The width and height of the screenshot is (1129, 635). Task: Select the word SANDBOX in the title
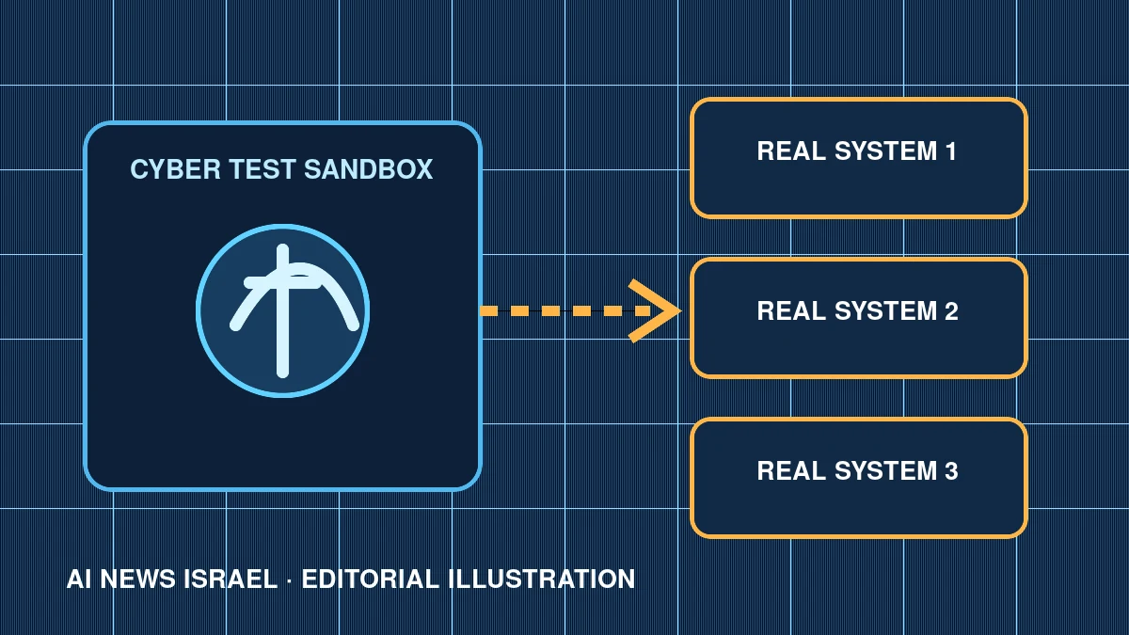point(369,168)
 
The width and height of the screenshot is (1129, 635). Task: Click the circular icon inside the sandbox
point(283,311)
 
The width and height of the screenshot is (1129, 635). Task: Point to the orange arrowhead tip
point(680,311)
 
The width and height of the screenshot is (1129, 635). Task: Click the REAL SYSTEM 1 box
point(858,158)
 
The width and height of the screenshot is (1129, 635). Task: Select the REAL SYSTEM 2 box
point(858,319)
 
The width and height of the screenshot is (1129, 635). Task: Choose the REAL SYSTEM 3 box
point(858,478)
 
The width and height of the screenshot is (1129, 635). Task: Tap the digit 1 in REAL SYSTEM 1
point(950,151)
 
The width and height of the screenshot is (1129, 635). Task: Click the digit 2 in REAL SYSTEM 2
point(951,311)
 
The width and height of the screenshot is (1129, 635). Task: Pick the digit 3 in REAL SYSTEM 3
point(951,470)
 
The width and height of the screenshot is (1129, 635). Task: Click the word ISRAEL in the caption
point(231,579)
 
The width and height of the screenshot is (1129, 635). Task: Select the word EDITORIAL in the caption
point(370,579)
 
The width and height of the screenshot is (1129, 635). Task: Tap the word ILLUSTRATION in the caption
point(542,579)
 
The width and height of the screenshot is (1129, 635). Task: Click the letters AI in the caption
point(79,579)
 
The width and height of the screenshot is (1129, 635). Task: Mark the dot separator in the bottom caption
point(290,580)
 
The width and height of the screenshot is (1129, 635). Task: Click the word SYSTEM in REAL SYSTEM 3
point(885,470)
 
